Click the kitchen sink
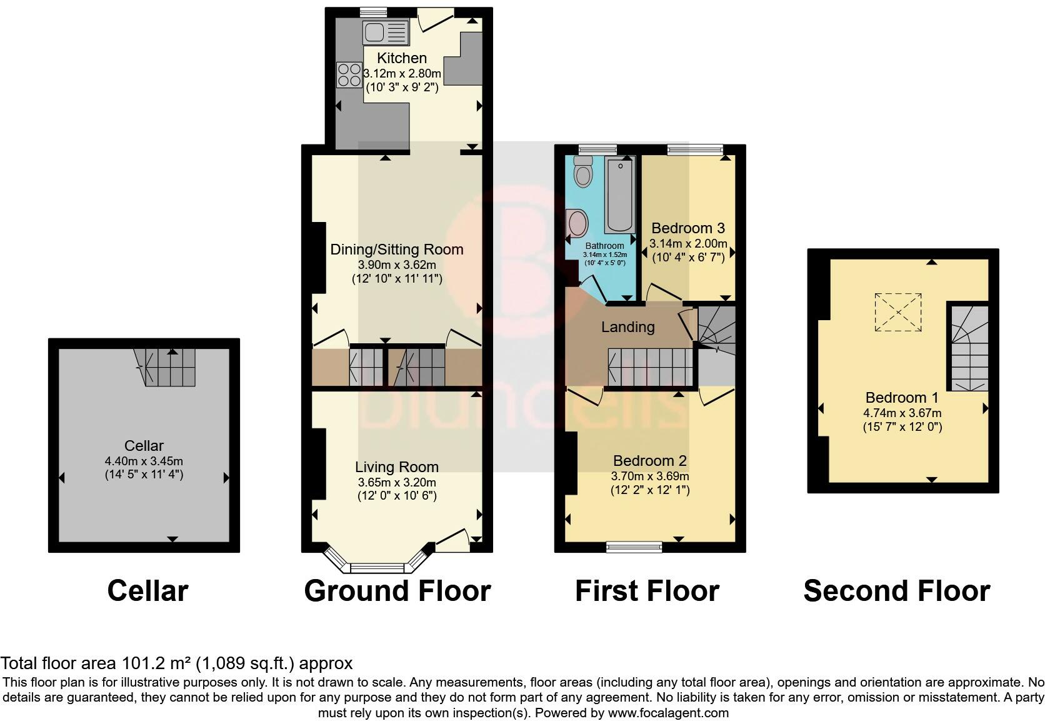click(x=386, y=32)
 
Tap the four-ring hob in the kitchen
click(x=349, y=75)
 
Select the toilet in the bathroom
click(x=583, y=171)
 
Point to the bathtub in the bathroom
click(x=620, y=194)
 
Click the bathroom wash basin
click(x=577, y=223)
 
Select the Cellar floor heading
click(x=148, y=591)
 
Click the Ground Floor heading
click(x=397, y=591)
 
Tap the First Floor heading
click(x=647, y=591)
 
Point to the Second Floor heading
click(x=897, y=591)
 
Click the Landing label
click(x=628, y=327)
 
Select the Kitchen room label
click(x=402, y=58)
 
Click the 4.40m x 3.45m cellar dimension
click(x=144, y=461)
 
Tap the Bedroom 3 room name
click(x=688, y=228)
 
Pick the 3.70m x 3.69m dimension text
click(x=650, y=476)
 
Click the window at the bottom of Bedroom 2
click(x=634, y=547)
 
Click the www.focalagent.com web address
click(x=668, y=713)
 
